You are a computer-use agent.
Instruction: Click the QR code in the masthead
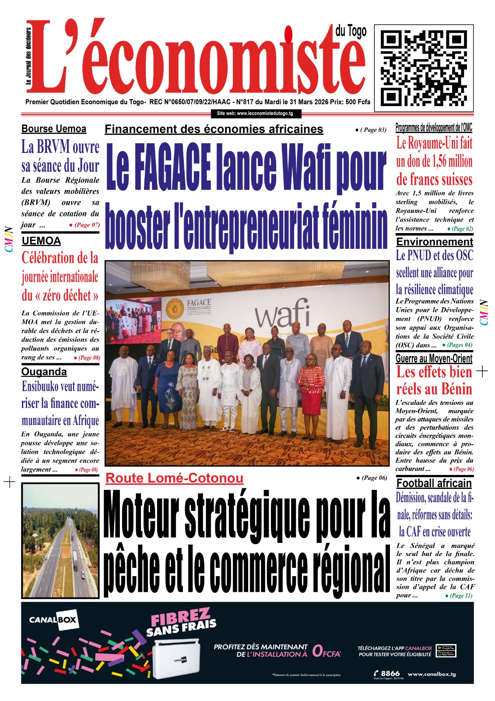tap(424, 65)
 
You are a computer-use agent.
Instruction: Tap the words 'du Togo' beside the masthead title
tap(351, 32)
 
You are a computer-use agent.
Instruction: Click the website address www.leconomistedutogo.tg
tap(255, 113)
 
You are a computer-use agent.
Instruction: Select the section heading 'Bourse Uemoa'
tap(54, 129)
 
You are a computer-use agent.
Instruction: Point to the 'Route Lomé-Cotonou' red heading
tap(174, 478)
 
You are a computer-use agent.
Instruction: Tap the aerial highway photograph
tap(60, 540)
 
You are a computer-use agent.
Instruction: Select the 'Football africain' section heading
tap(434, 483)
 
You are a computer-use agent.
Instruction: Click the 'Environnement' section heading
tap(435, 242)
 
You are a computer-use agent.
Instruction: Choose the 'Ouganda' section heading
tap(44, 372)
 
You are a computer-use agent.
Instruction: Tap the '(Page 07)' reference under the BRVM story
tap(85, 225)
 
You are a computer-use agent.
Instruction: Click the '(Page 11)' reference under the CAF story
tap(459, 595)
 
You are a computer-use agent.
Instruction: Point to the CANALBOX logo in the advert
tap(53, 620)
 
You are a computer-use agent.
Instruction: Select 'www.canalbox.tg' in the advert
tap(432, 674)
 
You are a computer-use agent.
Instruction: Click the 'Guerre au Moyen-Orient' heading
tap(434, 359)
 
